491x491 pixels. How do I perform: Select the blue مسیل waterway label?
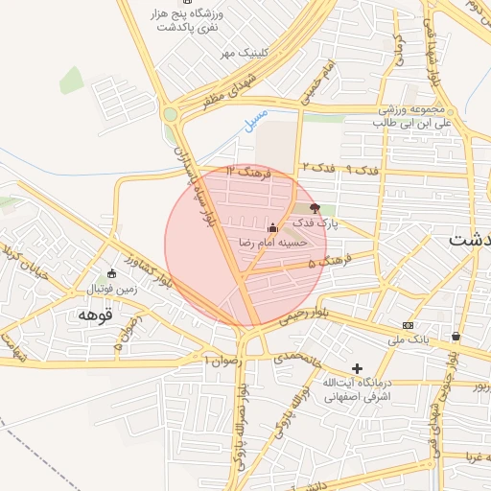pos(252,121)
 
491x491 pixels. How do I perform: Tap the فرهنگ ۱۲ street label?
pos(249,172)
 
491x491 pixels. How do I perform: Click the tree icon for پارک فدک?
pos(316,207)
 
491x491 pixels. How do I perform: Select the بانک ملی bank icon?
pos(409,326)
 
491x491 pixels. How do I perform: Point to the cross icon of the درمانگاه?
pos(358,367)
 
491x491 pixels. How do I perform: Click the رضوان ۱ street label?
pos(220,360)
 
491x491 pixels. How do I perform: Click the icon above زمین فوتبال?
pos(112,273)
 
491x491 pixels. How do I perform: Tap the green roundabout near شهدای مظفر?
pos(171,115)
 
